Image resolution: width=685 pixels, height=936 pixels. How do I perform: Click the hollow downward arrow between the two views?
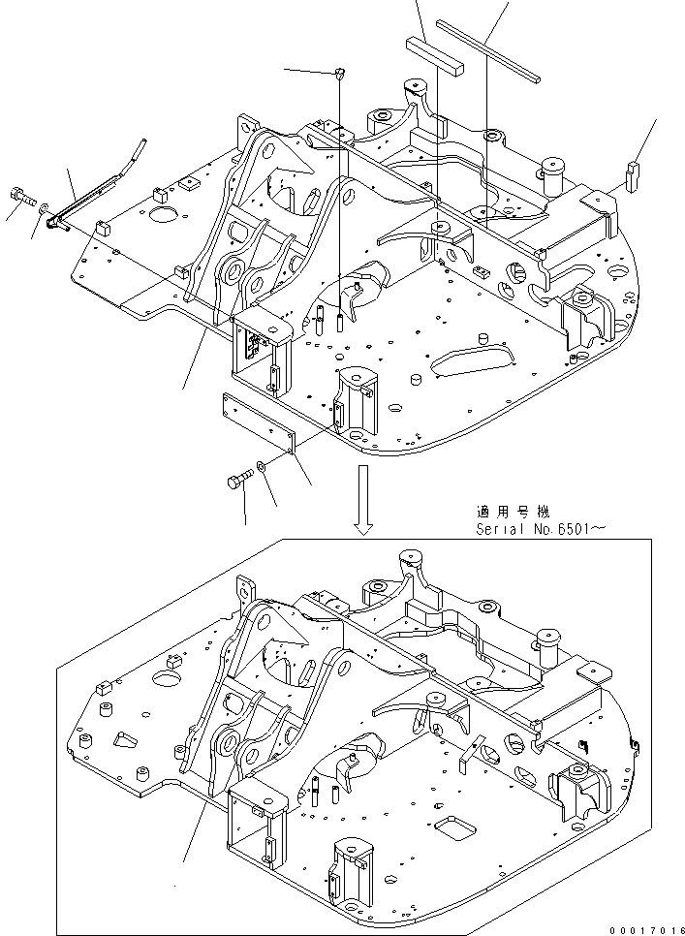(363, 500)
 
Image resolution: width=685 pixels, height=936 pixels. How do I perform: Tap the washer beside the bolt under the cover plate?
(263, 469)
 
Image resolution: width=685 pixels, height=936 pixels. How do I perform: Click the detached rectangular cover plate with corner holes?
(259, 422)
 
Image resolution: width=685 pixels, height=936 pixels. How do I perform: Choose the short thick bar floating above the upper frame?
(435, 54)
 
